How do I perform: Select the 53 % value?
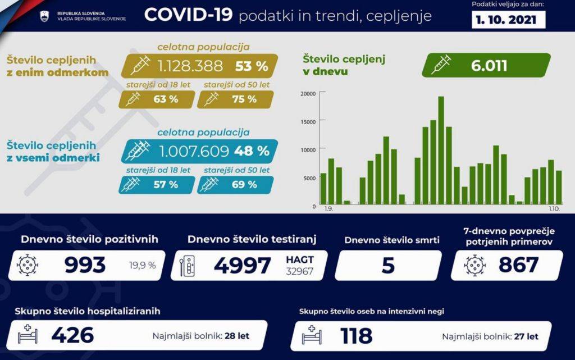[x=252, y=66]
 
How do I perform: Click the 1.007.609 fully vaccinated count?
[x=194, y=151]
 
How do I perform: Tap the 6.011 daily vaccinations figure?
[x=489, y=65]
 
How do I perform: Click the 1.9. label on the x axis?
[x=328, y=209]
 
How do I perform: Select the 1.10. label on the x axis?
[x=555, y=209]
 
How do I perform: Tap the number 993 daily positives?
[x=85, y=265]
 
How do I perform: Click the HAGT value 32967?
[x=299, y=272]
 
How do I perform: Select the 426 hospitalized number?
[x=72, y=336]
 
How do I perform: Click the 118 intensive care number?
[x=356, y=336]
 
